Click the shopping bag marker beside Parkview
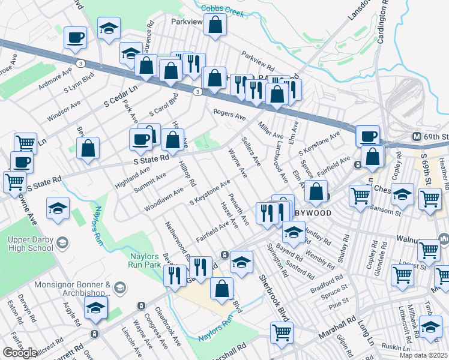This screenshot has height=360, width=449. pos(215,26)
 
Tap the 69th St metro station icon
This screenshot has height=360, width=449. pos(417,137)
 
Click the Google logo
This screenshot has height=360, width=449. pos(19,353)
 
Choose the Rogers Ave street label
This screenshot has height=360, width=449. pos(231,115)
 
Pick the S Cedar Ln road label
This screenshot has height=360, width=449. pos(120,94)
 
